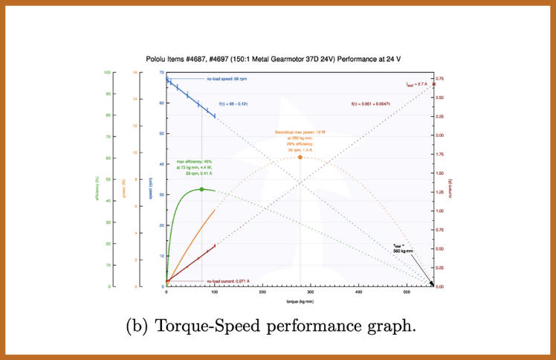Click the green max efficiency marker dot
pos(201,190)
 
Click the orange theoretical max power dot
pos(300,157)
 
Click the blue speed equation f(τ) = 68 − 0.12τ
pos(233,104)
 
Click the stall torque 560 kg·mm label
pos(403,248)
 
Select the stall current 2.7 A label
pos(417,85)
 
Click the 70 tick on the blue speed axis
pos(161,72)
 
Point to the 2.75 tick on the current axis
pos(440,78)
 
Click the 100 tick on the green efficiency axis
pos(107,72)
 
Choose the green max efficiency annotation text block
pos(195,167)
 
